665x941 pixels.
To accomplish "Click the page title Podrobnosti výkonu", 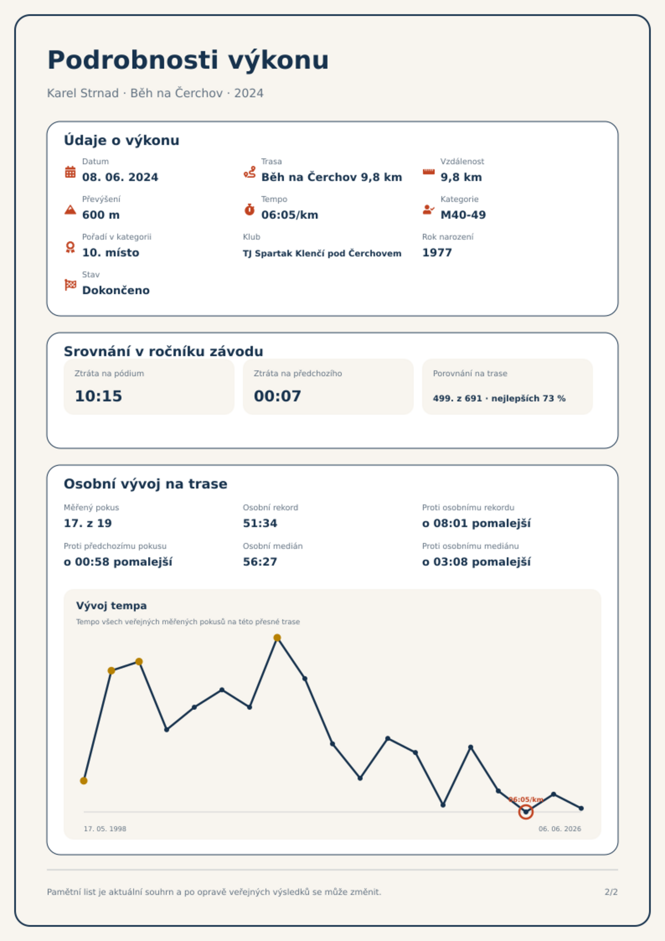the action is (188, 60).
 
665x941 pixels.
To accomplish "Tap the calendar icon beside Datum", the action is (70, 172).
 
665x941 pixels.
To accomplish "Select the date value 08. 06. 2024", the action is (120, 177).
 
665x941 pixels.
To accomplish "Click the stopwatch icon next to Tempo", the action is (249, 209).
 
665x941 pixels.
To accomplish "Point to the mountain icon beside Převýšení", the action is (70, 209).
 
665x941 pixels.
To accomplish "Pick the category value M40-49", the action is (463, 215).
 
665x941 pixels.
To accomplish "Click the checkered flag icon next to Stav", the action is (70, 285).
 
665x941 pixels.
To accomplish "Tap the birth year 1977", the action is (437, 253).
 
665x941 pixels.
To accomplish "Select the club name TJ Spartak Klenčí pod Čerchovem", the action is (322, 253).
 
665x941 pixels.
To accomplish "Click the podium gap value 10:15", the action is (98, 396).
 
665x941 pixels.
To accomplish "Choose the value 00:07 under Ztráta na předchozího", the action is (278, 396).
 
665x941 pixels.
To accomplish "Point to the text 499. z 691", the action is (457, 398).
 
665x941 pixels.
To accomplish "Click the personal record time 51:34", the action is (260, 523).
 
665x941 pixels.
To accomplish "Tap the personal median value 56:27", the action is (260, 562).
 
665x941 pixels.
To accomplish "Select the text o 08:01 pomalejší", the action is (476, 523).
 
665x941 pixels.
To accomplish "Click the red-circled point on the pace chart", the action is (526, 812).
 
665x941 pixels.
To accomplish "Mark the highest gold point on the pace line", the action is (277, 638).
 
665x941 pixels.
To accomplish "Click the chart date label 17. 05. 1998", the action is (105, 829).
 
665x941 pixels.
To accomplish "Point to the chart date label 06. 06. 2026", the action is (559, 829).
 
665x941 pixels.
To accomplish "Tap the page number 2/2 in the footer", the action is (611, 892).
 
